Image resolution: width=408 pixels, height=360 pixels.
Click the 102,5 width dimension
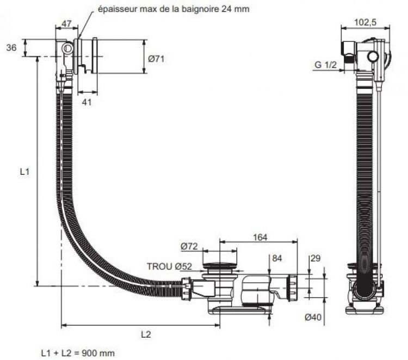[x=365, y=22]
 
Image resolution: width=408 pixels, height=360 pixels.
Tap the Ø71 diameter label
[x=156, y=59]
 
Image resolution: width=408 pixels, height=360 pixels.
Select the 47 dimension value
[x=66, y=24]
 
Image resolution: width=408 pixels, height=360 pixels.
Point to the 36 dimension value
[x=11, y=47]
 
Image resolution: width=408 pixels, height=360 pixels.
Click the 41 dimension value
[x=86, y=102]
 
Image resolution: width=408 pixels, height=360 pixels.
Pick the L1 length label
[x=24, y=172]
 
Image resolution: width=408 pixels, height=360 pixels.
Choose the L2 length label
[x=146, y=334]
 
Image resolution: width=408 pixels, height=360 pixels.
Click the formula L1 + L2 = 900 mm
[x=78, y=353]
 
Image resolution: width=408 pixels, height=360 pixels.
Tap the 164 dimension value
[x=260, y=237]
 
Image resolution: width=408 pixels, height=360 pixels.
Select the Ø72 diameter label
[x=189, y=246]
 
